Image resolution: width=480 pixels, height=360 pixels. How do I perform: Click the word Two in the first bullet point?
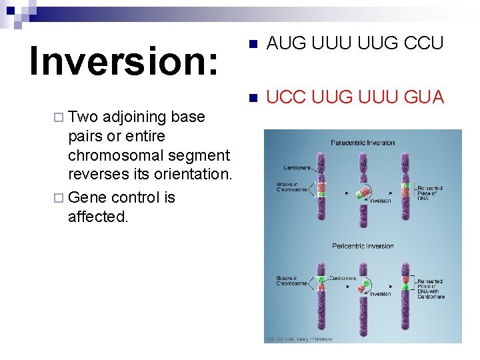(x=83, y=117)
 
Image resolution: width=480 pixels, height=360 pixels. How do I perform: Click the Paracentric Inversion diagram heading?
(x=363, y=143)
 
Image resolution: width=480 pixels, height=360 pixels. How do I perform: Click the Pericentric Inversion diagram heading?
(x=363, y=246)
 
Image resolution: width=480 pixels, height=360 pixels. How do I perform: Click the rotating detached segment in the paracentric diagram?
(x=363, y=194)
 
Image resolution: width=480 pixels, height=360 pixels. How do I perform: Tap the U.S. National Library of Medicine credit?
(x=299, y=339)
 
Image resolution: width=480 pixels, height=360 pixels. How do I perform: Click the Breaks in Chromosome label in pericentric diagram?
(x=291, y=280)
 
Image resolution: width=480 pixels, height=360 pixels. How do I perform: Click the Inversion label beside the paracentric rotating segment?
(x=380, y=201)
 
